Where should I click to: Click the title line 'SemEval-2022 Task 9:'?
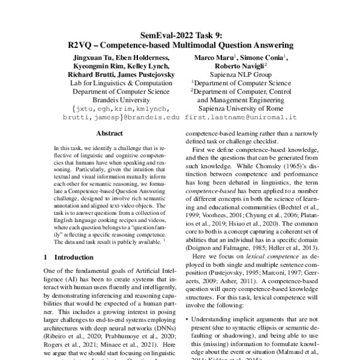(x=180, y=35)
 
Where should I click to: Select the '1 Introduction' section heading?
(x=68, y=257)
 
